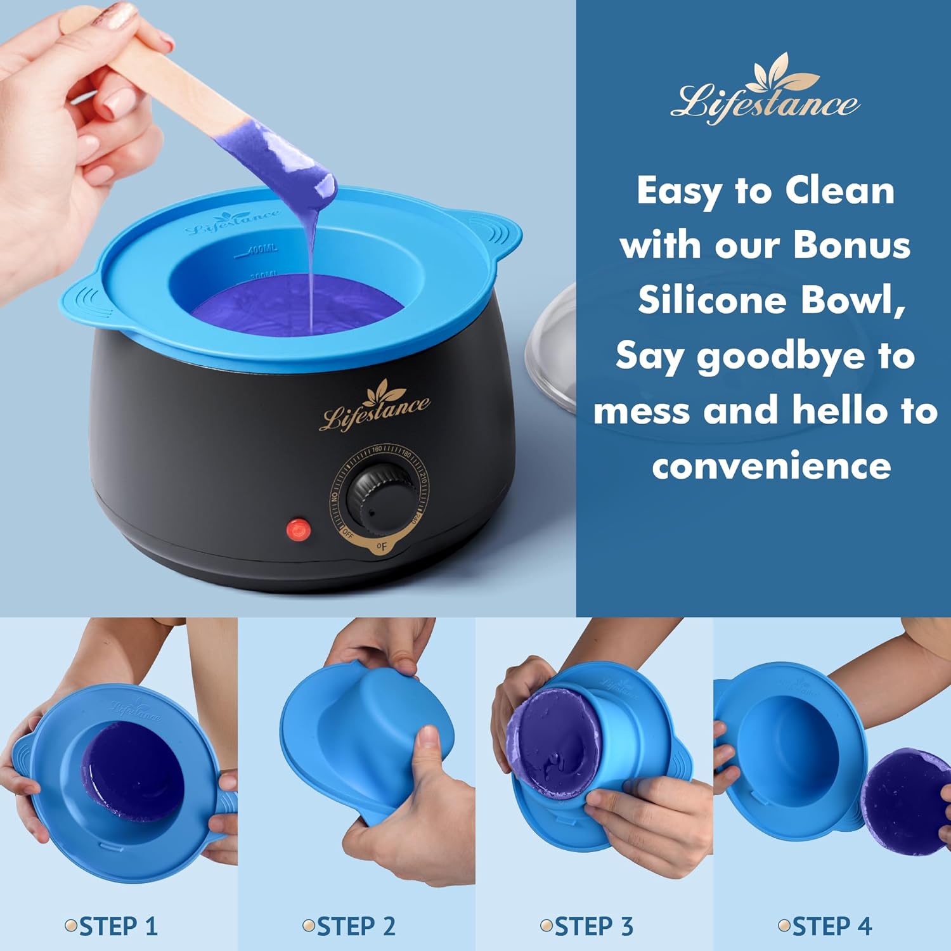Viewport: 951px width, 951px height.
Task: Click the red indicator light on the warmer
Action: point(299,529)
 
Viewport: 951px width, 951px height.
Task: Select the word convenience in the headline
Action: point(771,467)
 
